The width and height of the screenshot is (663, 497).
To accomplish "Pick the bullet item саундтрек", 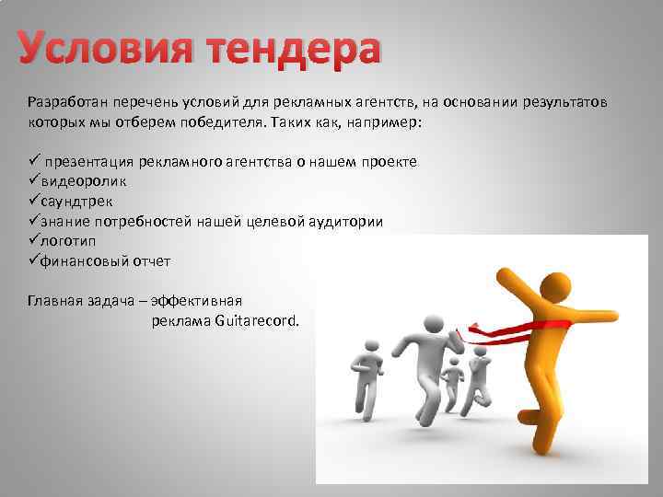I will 77,202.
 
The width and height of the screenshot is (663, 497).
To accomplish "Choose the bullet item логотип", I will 71,241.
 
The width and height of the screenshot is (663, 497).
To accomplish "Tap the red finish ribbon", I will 516,326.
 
